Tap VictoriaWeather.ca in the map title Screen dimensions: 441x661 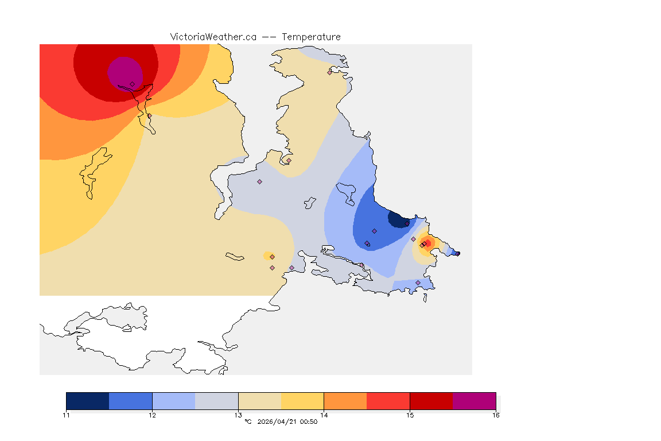pos(213,37)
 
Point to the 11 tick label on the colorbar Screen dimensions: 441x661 pos(66,415)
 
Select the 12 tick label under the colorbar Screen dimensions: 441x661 pos(152,415)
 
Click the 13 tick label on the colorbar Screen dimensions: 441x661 pos(238,415)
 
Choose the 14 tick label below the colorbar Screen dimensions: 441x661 pos(324,415)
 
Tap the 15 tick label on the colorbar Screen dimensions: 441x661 pos(410,415)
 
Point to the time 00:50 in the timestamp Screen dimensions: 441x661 pos(309,422)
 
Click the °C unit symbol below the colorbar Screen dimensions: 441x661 pos(248,422)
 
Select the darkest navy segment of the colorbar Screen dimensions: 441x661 pos(87,401)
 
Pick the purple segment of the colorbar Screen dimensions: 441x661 pos(474,401)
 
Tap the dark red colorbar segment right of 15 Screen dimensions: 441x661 pos(431,401)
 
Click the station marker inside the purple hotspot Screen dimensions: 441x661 pos(133,84)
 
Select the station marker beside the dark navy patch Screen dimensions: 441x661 pos(407,223)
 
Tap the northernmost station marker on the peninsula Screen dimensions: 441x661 pos(329,72)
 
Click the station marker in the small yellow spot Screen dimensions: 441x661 pos(272,257)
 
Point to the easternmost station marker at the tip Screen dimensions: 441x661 pos(457,253)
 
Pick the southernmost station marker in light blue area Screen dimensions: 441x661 pos(418,283)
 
